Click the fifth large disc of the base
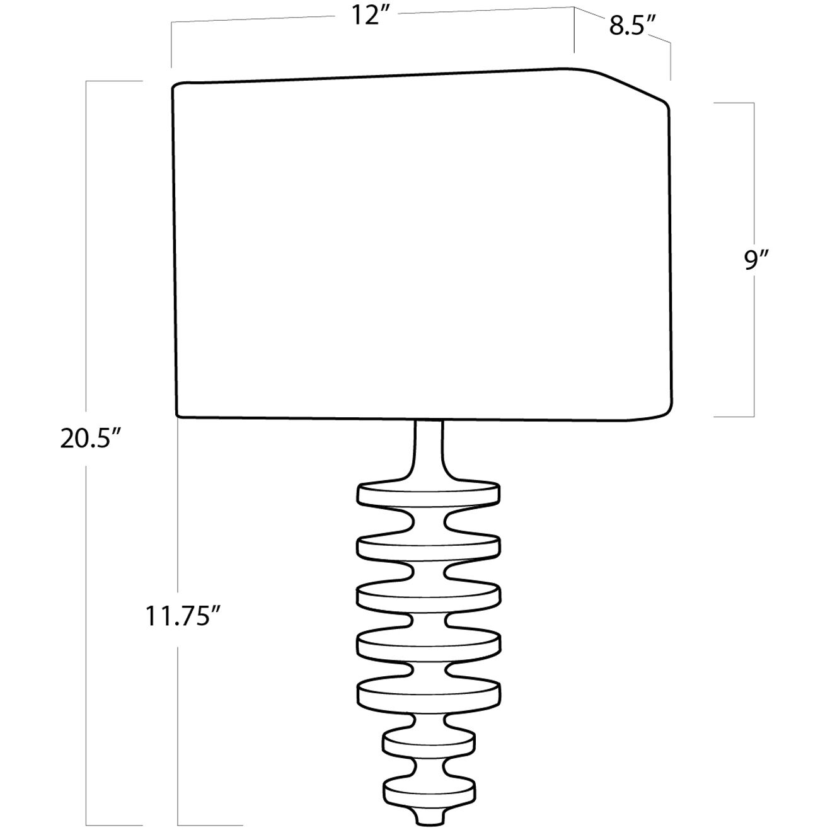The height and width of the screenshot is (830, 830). (x=429, y=695)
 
